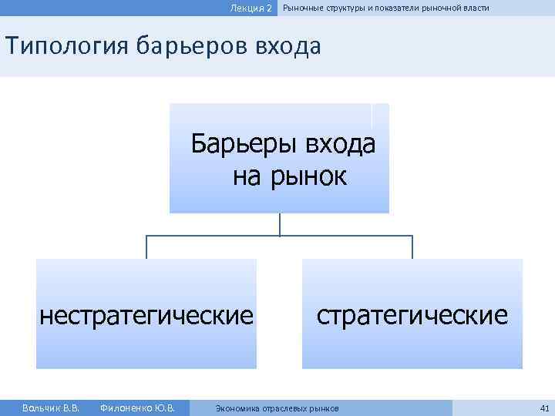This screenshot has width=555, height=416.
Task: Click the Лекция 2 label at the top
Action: coord(251,8)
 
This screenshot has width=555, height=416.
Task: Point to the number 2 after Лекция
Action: coord(269,8)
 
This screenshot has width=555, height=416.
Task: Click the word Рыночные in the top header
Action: coord(303,8)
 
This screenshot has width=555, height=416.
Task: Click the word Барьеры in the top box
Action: coord(244,144)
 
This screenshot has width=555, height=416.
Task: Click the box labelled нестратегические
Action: coord(146,314)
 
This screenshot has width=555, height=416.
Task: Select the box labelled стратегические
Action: coord(412,314)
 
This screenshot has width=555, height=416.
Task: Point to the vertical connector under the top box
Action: coord(280,224)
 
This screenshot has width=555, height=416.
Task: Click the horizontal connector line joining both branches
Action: coord(216,236)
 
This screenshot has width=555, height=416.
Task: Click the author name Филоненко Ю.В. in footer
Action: coord(137,408)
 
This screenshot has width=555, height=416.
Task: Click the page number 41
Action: coord(544,408)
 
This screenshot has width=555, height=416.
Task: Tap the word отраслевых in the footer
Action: coord(284,408)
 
